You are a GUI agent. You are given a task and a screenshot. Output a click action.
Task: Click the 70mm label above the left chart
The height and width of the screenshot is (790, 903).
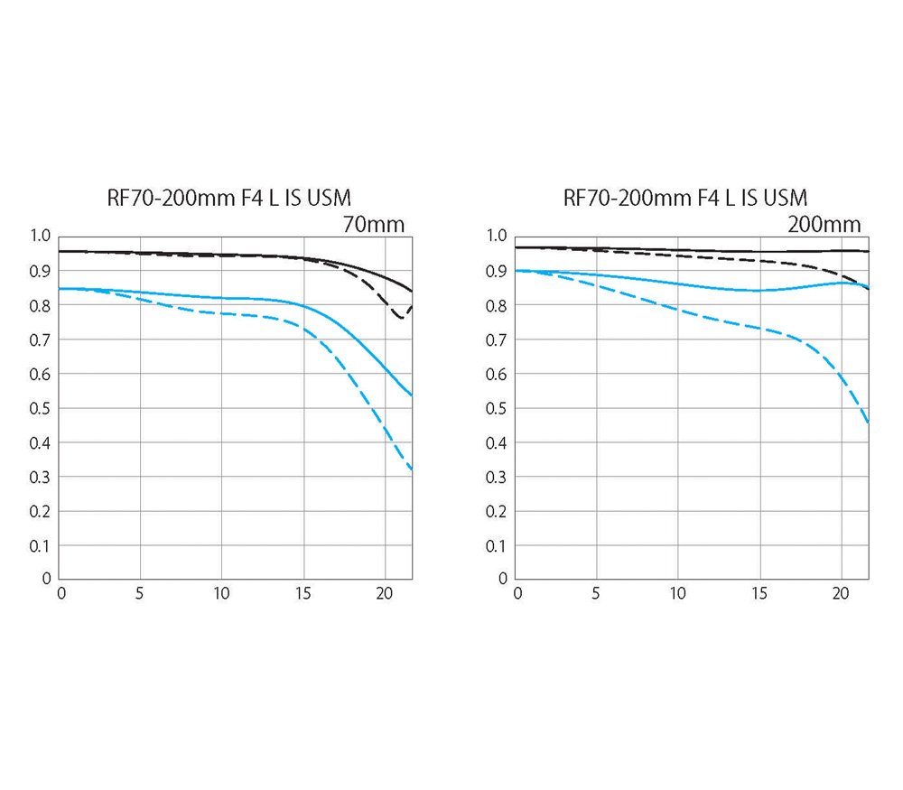374,224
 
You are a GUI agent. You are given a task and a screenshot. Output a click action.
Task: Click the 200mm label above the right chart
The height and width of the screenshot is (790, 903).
824,224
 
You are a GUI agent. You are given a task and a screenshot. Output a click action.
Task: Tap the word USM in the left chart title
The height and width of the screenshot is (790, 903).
329,198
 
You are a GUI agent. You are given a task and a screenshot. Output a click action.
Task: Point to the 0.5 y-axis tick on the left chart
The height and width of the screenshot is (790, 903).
40,408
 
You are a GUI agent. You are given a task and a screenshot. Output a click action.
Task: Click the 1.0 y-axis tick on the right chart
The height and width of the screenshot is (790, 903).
497,236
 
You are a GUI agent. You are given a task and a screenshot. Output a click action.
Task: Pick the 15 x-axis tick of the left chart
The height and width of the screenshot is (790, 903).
303,593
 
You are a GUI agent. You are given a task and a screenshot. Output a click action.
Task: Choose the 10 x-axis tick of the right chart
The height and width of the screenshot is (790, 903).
677,593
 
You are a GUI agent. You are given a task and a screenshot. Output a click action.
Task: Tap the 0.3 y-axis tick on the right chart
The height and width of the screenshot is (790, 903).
497,477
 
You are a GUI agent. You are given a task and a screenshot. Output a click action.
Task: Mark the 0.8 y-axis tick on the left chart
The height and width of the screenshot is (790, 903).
40,306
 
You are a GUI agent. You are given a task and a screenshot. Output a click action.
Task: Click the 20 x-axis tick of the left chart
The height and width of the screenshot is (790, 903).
384,593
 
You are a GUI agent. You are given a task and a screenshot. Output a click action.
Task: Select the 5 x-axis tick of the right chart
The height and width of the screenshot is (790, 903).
595,593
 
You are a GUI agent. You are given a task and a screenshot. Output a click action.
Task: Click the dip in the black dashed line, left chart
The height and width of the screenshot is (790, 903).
401,317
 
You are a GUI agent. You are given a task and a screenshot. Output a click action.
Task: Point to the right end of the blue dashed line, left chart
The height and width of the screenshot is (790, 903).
412,469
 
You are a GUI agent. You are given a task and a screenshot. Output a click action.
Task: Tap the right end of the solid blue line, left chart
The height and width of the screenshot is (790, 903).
412,395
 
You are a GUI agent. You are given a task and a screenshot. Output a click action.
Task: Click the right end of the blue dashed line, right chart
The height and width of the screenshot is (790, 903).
868,423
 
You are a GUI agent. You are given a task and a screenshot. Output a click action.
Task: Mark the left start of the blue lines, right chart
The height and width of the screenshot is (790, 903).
516,271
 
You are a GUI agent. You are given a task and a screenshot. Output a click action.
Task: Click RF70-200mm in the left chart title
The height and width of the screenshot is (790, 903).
171,198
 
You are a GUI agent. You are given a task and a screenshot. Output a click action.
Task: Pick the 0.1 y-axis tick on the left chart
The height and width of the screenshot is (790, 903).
40,545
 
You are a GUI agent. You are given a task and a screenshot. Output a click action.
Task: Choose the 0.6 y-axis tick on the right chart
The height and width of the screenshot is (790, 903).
497,375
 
